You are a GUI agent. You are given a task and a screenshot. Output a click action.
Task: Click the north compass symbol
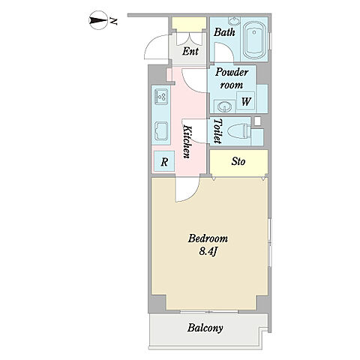tap(98, 20)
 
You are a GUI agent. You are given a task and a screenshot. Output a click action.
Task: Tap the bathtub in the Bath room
tap(254, 40)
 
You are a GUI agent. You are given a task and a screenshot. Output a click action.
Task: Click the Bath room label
tap(224, 32)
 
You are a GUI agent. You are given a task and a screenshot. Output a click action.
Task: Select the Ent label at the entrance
tap(190, 51)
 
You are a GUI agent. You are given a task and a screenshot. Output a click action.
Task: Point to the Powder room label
tap(232, 78)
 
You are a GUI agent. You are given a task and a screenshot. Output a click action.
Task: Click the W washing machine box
tap(246, 101)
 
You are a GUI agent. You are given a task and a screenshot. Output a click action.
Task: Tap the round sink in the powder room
tap(224, 107)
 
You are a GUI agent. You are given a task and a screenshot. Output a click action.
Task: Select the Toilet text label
tap(217, 131)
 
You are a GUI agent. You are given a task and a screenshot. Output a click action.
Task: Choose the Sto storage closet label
tap(238, 161)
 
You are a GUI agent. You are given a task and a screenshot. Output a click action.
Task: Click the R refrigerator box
tap(164, 162)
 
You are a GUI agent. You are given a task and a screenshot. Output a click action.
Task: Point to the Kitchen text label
tap(187, 142)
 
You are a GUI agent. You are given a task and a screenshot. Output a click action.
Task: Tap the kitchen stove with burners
tap(161, 97)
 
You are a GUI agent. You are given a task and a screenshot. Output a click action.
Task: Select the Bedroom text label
tap(208, 238)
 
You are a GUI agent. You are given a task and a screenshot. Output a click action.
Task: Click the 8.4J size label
tap(208, 252)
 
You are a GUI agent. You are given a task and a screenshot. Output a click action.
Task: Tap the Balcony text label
tap(205, 328)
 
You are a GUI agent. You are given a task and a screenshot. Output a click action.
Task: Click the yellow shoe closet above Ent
tap(189, 25)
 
